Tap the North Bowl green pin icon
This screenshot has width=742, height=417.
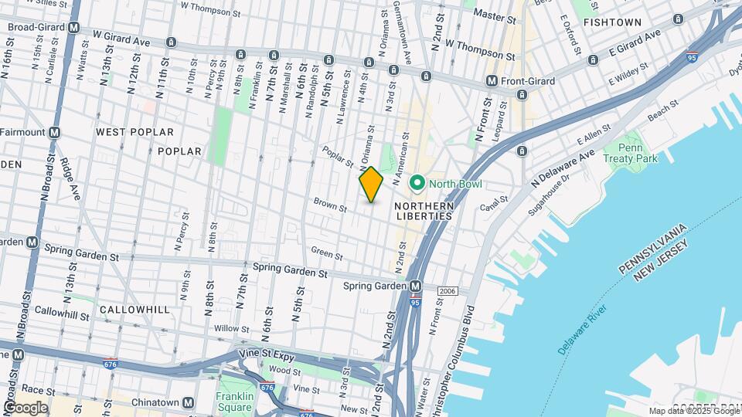(418, 183)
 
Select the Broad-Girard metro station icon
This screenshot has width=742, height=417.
(74, 27)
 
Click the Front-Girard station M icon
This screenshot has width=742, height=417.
(492, 81)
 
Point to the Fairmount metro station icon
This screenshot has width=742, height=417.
(54, 132)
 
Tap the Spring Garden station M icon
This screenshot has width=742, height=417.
(416, 286)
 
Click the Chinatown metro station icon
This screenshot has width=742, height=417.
(188, 402)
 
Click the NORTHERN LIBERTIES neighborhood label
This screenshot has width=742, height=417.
(424, 211)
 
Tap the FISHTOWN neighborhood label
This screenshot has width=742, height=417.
(612, 22)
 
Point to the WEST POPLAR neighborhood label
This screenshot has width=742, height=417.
(130, 132)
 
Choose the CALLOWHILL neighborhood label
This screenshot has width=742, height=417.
(134, 309)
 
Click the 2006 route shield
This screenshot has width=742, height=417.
(448, 290)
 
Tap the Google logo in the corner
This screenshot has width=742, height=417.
(26, 408)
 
